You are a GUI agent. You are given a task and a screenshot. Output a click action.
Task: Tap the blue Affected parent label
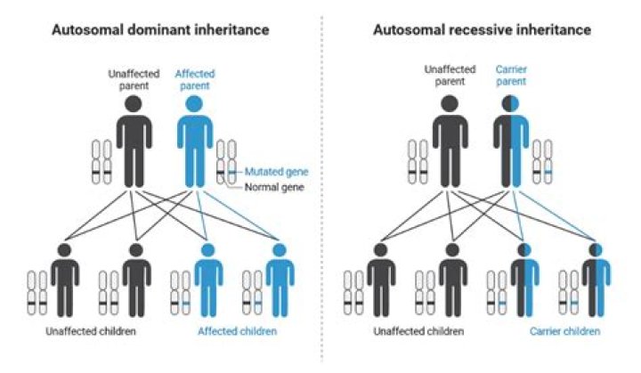[195, 79]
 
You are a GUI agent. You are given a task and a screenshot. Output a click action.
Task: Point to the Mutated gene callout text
[272, 171]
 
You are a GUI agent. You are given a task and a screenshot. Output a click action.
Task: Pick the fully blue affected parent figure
[193, 142]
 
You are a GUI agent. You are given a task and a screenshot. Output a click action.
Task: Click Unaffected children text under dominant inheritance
[92, 331]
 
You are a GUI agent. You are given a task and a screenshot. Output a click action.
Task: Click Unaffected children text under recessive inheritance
[418, 331]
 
